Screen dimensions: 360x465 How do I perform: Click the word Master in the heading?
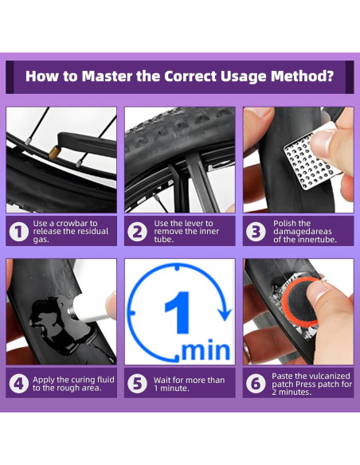point(107,76)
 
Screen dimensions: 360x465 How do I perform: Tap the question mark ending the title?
point(330,76)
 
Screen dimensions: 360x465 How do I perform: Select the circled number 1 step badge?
point(18,232)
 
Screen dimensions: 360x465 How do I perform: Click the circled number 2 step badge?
point(137,232)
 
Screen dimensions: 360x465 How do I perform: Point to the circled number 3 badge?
point(256,232)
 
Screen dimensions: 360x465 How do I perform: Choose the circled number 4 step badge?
point(18,384)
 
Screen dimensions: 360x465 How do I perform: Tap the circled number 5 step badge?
point(137,384)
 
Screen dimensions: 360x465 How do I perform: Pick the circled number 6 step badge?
point(256,384)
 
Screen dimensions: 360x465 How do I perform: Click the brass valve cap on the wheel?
point(54,153)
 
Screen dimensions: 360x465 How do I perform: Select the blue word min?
point(205,350)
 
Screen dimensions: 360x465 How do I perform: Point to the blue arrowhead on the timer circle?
point(225,313)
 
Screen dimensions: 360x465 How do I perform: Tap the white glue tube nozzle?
point(72,312)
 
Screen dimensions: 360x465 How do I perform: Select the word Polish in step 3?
point(284,223)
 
